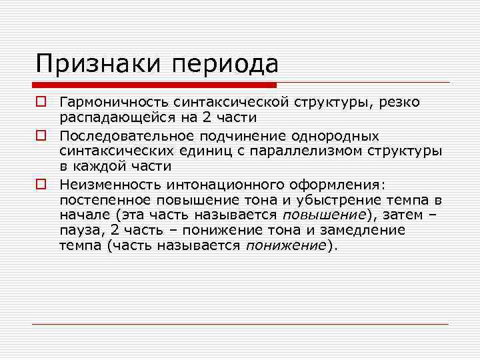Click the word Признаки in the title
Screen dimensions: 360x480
tap(97, 64)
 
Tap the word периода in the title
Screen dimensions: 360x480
tap(225, 65)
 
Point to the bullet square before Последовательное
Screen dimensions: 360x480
tap(41, 135)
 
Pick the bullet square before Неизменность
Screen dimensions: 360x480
tap(41, 183)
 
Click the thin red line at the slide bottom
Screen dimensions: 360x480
tap(240, 324)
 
